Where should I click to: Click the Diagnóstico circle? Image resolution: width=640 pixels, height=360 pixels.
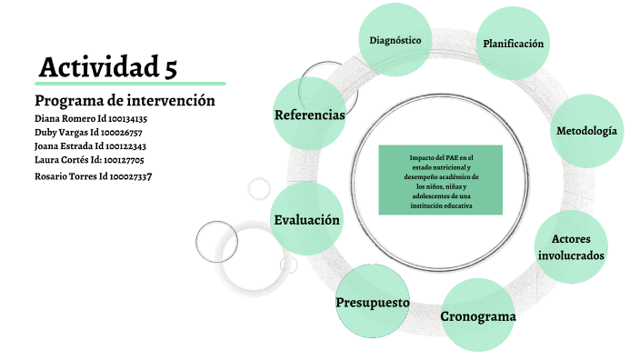pyautogui.click(x=395, y=40)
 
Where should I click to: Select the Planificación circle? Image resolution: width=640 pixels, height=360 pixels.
pyautogui.click(x=514, y=44)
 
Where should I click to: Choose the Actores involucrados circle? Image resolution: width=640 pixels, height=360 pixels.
pyautogui.click(x=571, y=246)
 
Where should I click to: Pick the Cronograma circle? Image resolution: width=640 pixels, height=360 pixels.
pyautogui.click(x=478, y=316)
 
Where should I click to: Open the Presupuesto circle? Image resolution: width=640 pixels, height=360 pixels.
pyautogui.click(x=372, y=301)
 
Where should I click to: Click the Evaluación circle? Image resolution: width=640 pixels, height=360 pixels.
pyautogui.click(x=307, y=220)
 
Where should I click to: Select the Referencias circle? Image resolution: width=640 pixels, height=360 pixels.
pyautogui.click(x=309, y=115)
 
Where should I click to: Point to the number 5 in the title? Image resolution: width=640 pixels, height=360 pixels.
pyautogui.click(x=170, y=66)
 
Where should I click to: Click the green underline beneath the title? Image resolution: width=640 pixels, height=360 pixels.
pyautogui.click(x=130, y=84)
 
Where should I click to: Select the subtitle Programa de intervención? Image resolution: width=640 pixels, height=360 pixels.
pyautogui.click(x=125, y=100)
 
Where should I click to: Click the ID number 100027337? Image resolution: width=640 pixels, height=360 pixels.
pyautogui.click(x=125, y=175)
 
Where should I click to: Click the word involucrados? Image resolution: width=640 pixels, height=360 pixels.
pyautogui.click(x=571, y=255)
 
